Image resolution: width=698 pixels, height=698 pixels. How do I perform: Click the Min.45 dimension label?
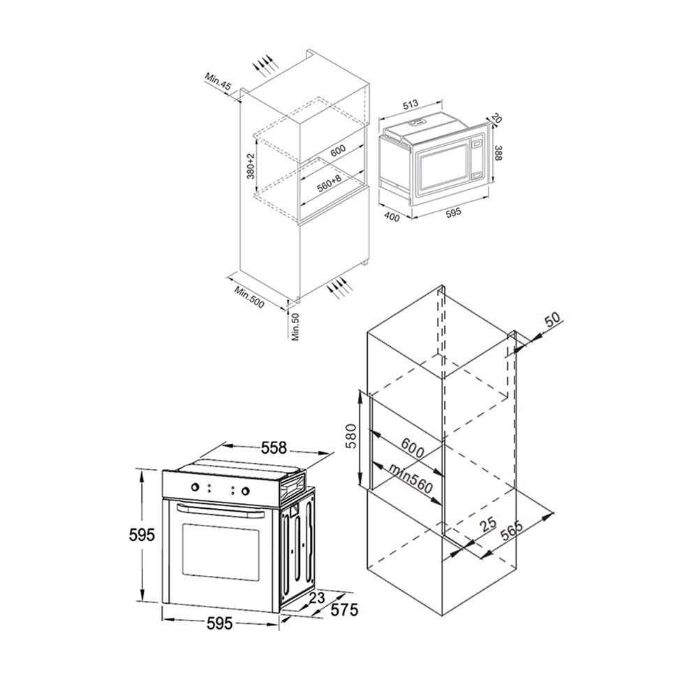[x=218, y=82]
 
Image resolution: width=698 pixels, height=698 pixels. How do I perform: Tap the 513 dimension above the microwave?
[x=410, y=104]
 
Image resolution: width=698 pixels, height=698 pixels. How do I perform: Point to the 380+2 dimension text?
[x=251, y=166]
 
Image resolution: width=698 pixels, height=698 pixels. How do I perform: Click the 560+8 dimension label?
[x=329, y=183]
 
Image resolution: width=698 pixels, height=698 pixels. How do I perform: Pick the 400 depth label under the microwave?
[x=392, y=217]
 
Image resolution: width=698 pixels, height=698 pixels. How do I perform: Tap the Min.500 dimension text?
[x=250, y=297]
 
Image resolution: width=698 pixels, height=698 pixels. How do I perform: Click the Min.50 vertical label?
[x=296, y=327]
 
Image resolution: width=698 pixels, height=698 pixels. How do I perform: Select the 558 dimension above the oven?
[x=274, y=447]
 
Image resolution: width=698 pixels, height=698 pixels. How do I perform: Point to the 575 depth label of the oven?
[x=344, y=609]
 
